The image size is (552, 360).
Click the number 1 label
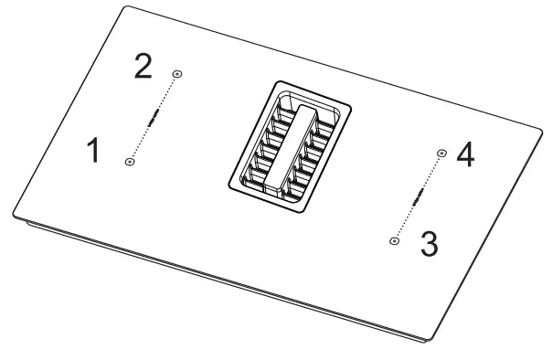pos(93,151)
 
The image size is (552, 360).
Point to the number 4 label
pos(465,154)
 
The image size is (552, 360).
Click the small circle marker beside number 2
pos(176,73)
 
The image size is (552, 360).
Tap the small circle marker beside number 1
pos(130,162)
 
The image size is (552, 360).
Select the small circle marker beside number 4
pos(441,153)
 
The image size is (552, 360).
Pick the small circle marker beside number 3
pos(394,240)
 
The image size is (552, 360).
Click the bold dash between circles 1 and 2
pos(154,117)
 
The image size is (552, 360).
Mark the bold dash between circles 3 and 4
pos(417,197)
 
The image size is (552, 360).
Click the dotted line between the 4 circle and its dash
pos(430,173)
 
